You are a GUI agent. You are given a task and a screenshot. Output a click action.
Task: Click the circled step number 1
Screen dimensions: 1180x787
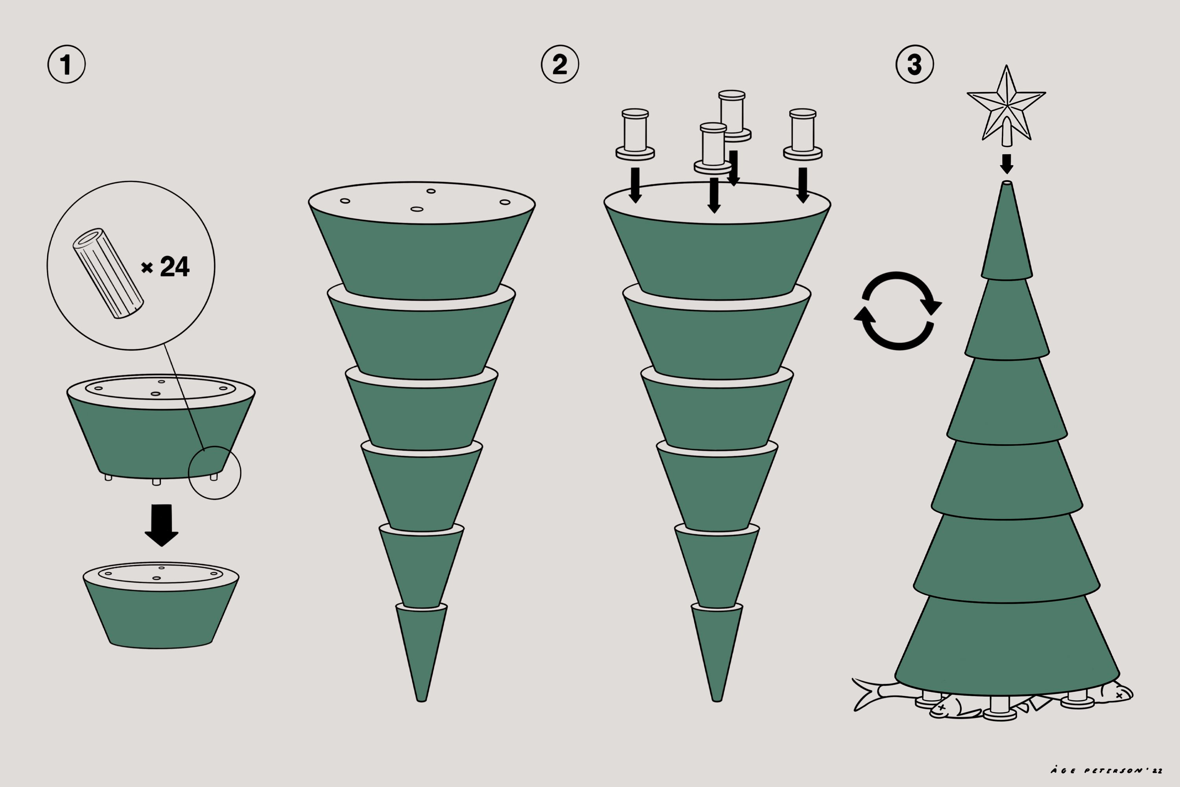[66, 64]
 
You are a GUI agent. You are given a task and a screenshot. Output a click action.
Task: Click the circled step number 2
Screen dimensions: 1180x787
[560, 64]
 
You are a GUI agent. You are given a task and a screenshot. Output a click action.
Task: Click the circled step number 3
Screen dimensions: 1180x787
[914, 64]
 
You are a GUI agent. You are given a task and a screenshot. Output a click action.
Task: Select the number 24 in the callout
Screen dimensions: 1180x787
[175, 266]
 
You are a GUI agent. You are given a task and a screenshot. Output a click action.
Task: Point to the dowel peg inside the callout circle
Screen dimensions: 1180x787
[109, 273]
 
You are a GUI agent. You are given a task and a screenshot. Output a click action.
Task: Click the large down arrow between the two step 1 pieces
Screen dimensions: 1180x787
[162, 525]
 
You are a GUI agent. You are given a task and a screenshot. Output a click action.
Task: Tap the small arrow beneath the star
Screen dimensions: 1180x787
[1007, 164]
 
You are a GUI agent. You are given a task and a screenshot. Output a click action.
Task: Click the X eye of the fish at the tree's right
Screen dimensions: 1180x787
[1119, 696]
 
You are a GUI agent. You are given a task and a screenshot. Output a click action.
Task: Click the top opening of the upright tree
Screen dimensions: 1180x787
[1007, 183]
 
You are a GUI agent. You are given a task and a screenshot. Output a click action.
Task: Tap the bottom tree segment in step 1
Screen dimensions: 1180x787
[161, 605]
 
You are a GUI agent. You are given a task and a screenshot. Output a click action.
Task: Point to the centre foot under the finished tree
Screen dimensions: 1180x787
[1000, 708]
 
